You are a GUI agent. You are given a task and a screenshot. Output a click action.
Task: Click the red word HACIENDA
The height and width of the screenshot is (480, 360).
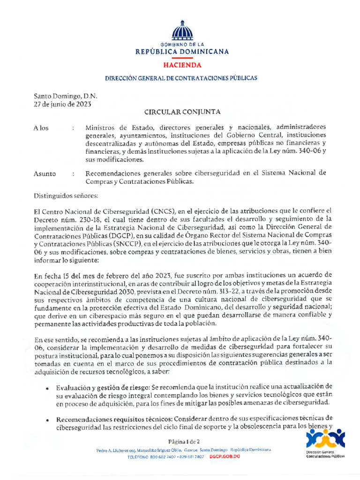(x=182, y=65)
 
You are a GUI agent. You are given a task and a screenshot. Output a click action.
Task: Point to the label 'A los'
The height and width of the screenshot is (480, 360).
(x=41, y=128)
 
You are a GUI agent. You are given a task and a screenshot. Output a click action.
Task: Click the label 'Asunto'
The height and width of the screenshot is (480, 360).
(x=45, y=174)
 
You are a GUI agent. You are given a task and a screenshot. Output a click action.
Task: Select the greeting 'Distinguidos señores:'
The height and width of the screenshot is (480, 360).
(x=66, y=195)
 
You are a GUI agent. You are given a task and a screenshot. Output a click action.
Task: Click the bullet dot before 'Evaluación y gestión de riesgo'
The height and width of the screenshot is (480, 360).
(x=48, y=389)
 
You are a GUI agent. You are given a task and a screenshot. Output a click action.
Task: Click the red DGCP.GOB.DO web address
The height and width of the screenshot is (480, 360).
(x=225, y=456)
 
